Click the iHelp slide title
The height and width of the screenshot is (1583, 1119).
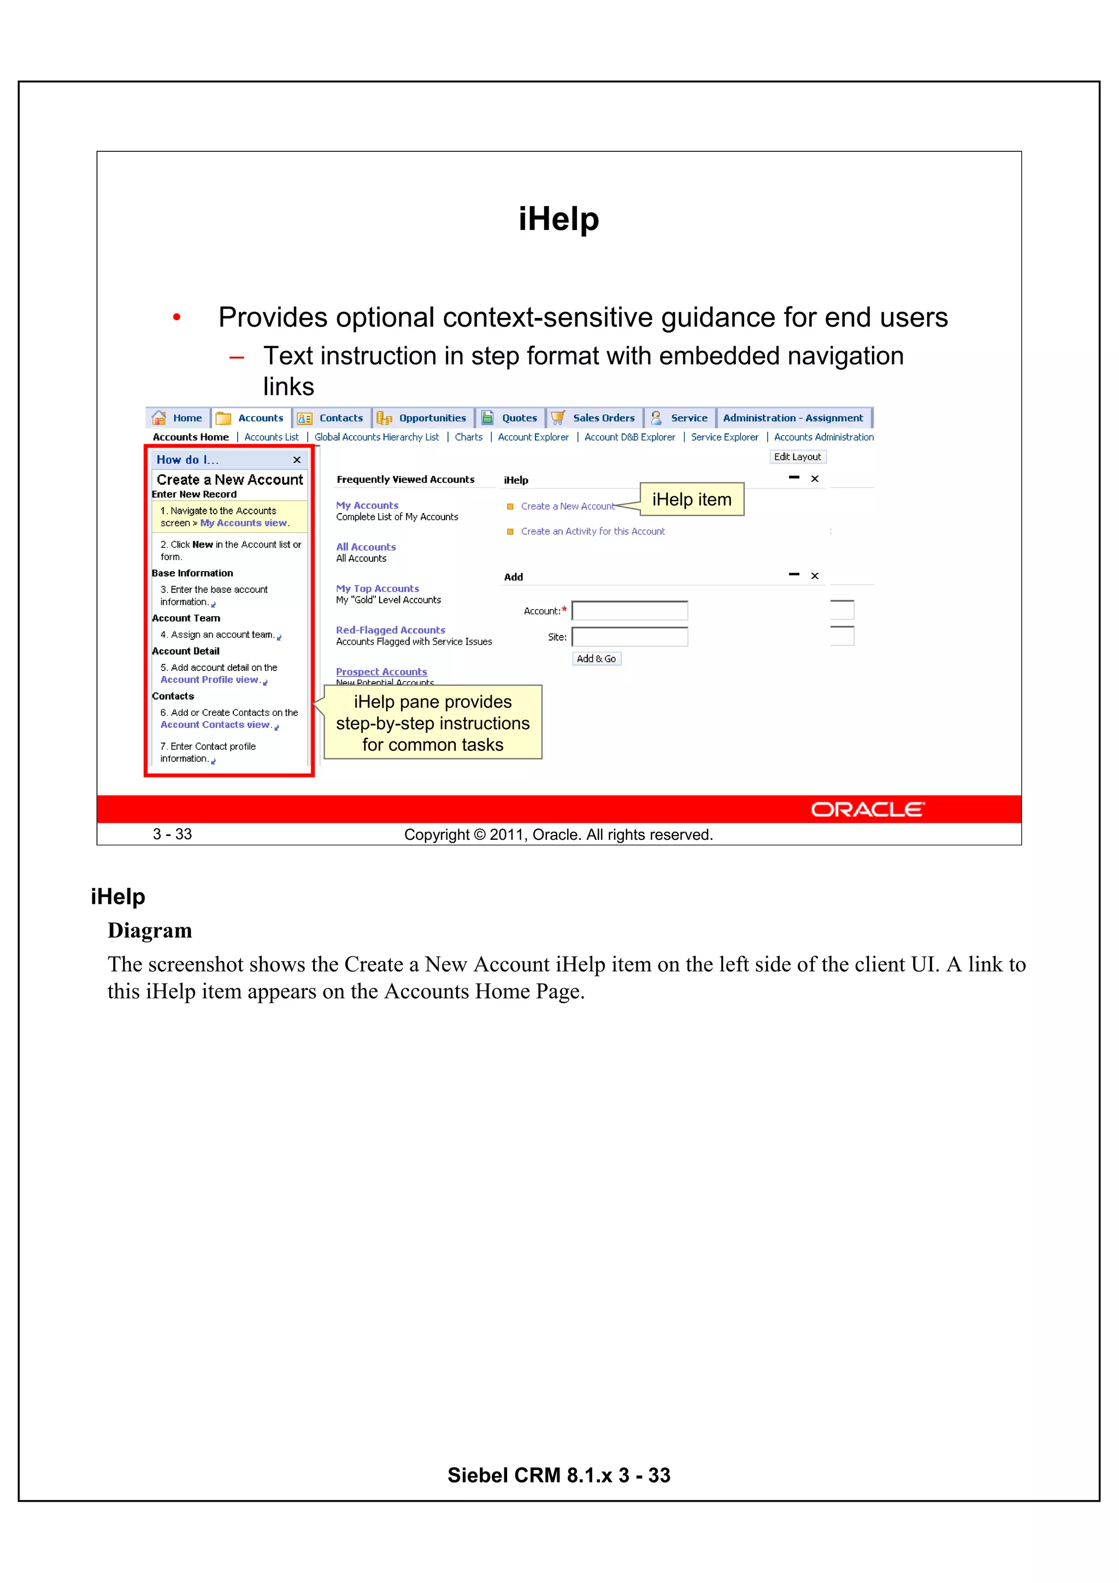click(558, 219)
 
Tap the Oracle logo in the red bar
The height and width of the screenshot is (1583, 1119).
click(867, 809)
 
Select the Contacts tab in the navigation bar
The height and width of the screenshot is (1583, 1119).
click(340, 418)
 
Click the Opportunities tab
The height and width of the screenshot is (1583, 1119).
click(432, 418)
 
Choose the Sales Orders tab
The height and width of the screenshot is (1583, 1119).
click(603, 418)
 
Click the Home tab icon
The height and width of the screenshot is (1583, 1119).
click(158, 418)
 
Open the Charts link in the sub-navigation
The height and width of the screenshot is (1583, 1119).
click(468, 437)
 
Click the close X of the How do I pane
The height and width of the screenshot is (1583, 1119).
click(297, 460)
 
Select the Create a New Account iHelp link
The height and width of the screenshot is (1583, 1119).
click(567, 506)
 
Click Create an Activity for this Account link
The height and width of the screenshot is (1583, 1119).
click(592, 532)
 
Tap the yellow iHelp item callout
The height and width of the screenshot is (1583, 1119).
click(692, 499)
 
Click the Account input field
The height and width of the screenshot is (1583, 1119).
click(629, 611)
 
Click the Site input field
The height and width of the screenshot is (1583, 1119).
click(629, 637)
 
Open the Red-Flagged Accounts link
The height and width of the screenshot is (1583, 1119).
click(390, 630)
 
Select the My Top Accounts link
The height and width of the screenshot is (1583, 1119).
click(377, 589)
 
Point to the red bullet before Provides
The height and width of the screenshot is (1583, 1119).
click(177, 317)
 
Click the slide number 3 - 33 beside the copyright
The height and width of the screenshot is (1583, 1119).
click(172, 834)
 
